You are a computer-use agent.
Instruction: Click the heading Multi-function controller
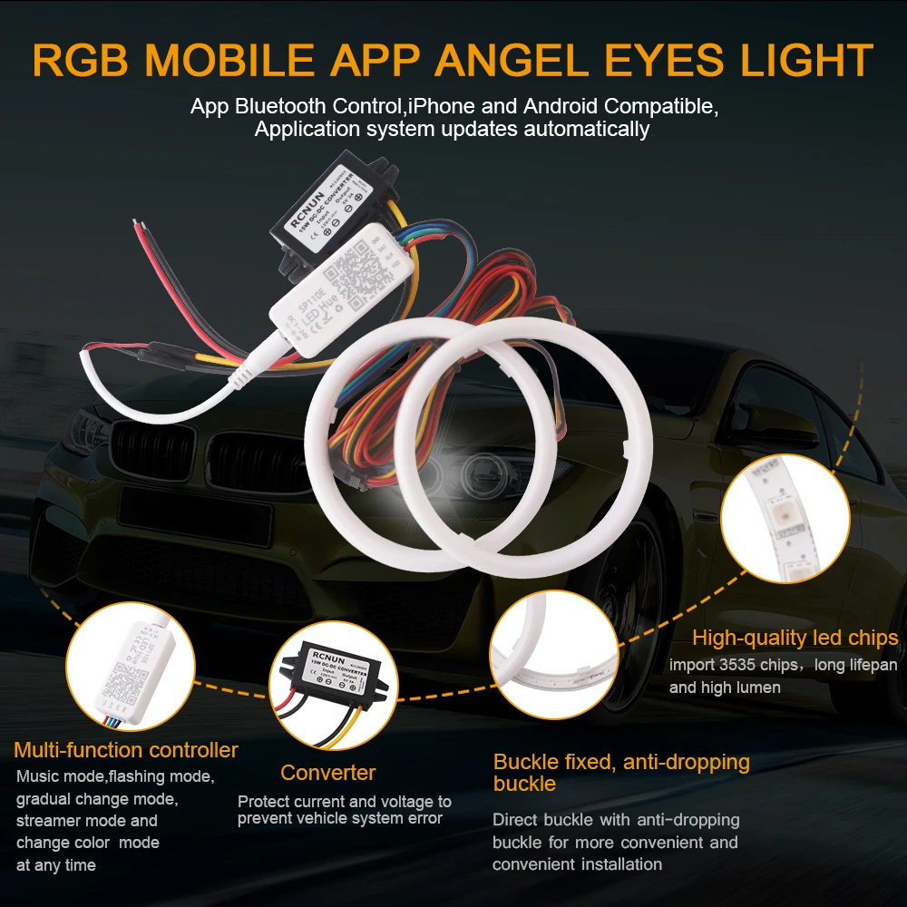(x=126, y=750)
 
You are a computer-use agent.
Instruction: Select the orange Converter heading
(x=327, y=773)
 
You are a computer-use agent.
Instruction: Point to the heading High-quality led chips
(x=795, y=638)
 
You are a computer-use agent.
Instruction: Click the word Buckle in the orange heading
(x=523, y=762)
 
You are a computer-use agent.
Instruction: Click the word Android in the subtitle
(x=539, y=106)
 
